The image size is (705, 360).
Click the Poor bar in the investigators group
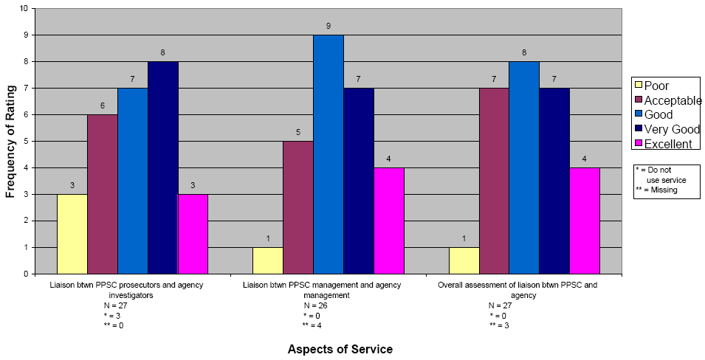coord(72,234)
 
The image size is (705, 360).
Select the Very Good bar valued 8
coord(163,167)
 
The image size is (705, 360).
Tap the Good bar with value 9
coord(329,154)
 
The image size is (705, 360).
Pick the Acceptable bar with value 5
coord(298,207)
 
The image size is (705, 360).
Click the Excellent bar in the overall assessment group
coord(585,221)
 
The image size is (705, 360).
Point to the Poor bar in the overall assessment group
coord(464,260)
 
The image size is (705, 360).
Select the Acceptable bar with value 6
coord(103,194)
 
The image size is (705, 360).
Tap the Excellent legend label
coord(669,144)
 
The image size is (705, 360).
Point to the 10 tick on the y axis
coord(24,8)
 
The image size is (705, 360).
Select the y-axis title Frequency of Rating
coord(10,141)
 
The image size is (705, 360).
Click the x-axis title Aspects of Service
coord(340,349)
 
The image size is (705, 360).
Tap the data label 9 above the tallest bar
coord(329,26)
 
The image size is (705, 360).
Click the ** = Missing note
coord(656,190)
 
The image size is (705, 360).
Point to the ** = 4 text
coord(312,325)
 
